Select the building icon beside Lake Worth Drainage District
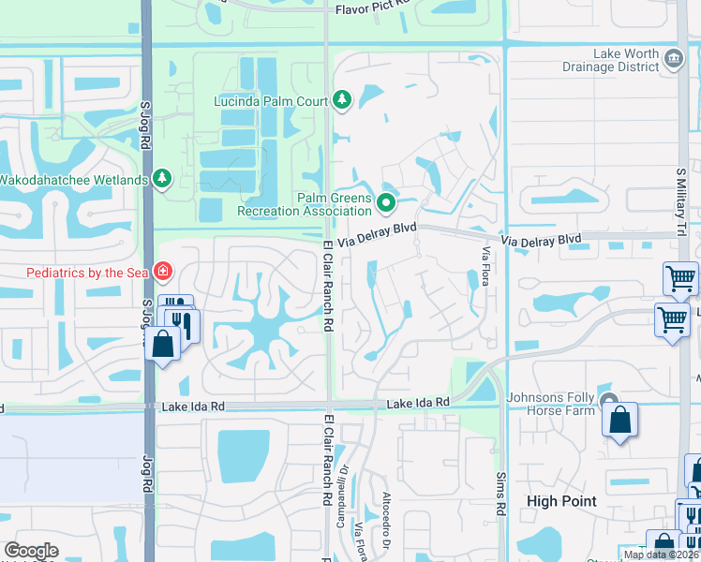pyautogui.click(x=673, y=60)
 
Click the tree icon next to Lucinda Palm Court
pyautogui.click(x=342, y=100)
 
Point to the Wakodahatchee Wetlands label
pyautogui.click(x=73, y=179)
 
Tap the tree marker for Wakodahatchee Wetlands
pyautogui.click(x=162, y=178)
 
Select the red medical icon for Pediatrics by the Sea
pyautogui.click(x=163, y=272)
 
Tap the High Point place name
pyautogui.click(x=562, y=501)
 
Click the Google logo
pyautogui.click(x=31, y=551)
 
